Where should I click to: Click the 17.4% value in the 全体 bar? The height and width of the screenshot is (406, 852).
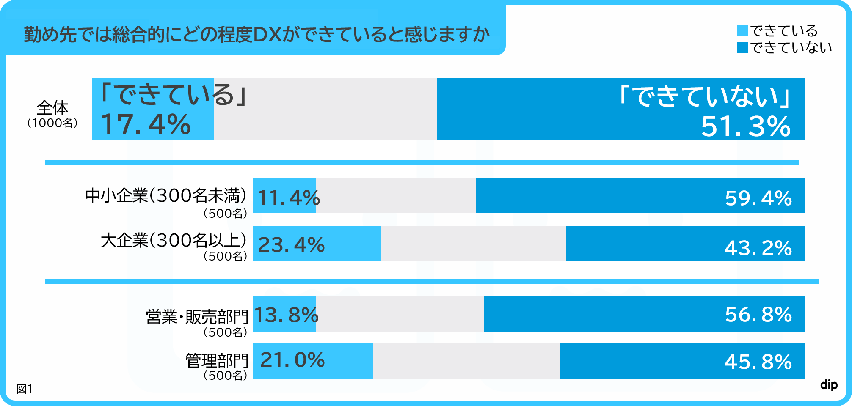coord(146,124)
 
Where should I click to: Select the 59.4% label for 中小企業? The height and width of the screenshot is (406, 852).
coord(758,198)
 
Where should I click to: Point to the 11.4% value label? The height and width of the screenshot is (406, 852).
coord(288,198)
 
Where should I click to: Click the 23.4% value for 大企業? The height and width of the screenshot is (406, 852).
coord(291,244)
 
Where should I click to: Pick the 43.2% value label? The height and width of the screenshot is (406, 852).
coord(758,248)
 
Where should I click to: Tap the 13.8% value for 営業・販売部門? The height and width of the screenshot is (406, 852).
coord(286,315)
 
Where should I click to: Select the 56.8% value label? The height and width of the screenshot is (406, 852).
coord(758,315)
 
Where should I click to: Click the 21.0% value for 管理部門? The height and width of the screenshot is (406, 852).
coord(292,360)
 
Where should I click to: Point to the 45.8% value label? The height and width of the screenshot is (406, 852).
coord(758,362)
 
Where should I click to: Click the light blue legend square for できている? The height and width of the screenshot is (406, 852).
coord(742,31)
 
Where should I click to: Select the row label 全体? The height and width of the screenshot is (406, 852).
coord(52,108)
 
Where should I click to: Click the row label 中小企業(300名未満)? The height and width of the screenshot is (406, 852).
coord(165,195)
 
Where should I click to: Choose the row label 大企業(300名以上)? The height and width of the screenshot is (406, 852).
coord(174,240)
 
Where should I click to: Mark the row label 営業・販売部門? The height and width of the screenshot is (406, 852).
coord(197,316)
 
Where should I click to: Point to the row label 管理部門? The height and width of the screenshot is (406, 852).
coord(217,361)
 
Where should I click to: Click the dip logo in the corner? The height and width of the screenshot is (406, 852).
coord(829,384)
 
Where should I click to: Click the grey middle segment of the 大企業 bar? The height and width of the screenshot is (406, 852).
coord(473,244)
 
